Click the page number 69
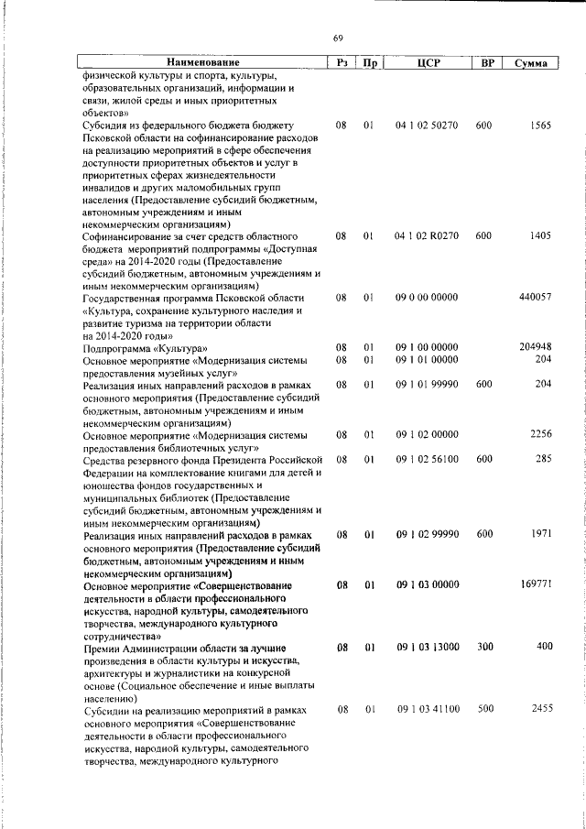[338, 38]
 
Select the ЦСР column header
[429, 63]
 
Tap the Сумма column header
[531, 63]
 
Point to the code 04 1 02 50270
[427, 124]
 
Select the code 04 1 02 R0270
[427, 236]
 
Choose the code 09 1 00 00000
[427, 348]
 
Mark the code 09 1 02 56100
[427, 459]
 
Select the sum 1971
[539, 534]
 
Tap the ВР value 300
[484, 647]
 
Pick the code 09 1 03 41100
[427, 709]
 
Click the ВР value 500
[484, 709]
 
